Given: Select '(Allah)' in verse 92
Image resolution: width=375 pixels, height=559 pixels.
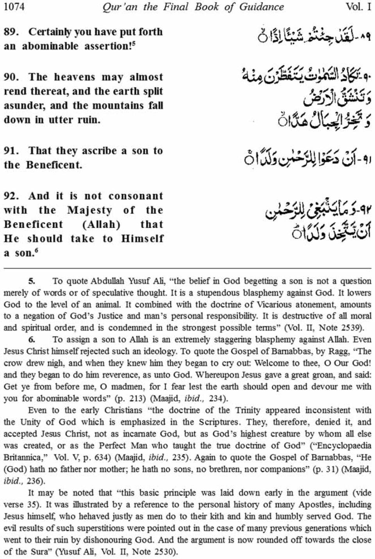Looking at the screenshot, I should (101, 224).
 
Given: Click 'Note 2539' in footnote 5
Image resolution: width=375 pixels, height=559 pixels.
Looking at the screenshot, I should (343, 328).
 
